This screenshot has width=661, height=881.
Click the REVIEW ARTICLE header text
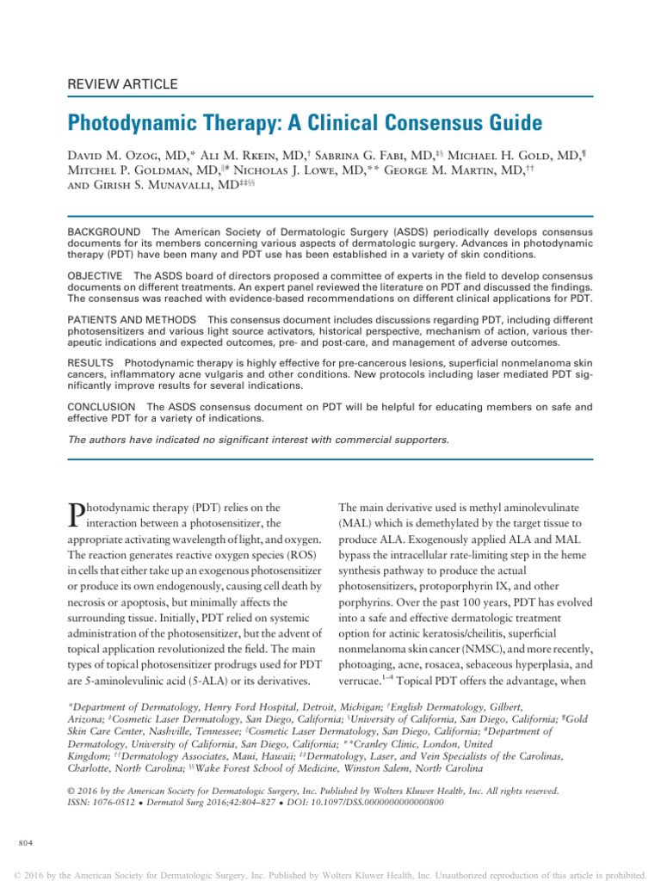(x=122, y=84)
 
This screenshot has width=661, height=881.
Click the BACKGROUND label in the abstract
(x=103, y=233)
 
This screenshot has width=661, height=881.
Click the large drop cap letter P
(x=75, y=516)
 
